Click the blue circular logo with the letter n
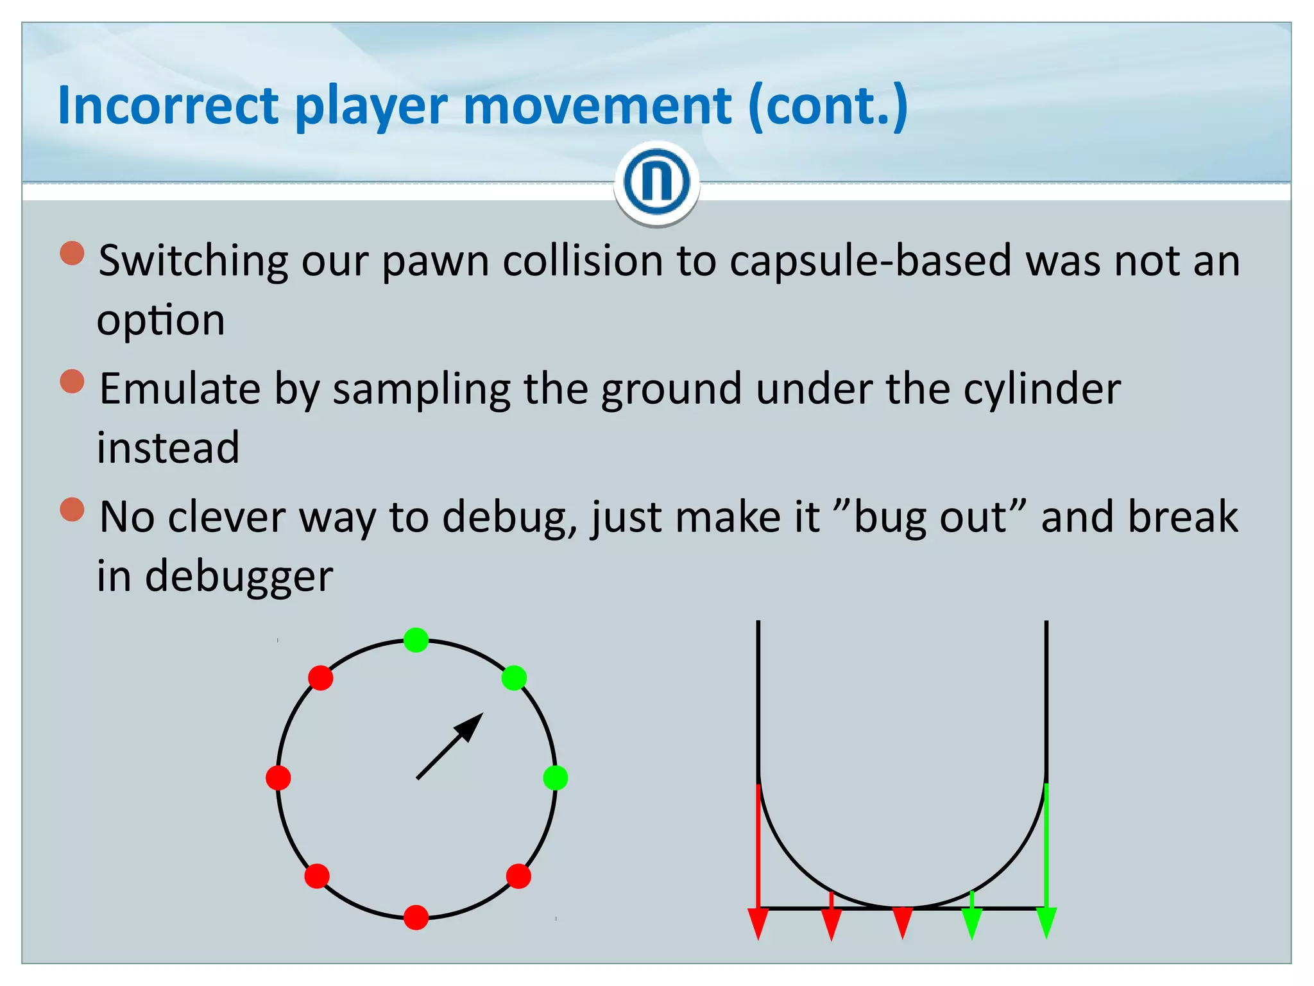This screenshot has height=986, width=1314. (656, 182)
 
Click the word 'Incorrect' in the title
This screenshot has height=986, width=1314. (168, 105)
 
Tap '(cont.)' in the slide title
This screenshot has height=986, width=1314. (828, 105)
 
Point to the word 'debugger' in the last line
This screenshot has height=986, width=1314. (239, 576)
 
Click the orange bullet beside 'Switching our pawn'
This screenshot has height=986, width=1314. (73, 253)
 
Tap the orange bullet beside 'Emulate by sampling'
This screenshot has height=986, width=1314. (73, 381)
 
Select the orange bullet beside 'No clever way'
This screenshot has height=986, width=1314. (73, 510)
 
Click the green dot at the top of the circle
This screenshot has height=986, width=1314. (416, 640)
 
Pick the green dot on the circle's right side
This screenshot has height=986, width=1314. (555, 778)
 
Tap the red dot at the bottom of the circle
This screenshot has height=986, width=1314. (416, 917)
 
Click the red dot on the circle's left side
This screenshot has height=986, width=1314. (278, 778)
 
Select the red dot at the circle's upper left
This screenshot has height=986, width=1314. (320, 678)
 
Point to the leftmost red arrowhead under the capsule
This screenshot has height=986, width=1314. (758, 922)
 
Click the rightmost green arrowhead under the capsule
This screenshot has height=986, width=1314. (1046, 922)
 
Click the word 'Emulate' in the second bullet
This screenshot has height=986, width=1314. (180, 389)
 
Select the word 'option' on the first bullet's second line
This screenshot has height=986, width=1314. (161, 320)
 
